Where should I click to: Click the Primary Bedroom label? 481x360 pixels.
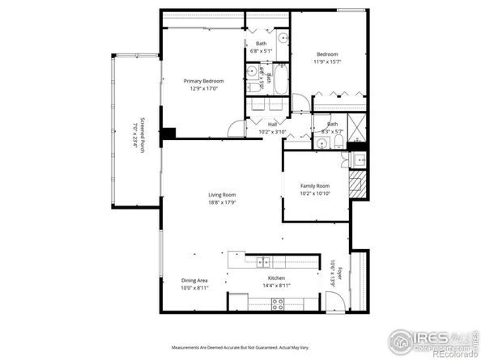click(203, 81)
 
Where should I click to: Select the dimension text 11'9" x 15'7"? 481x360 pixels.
click(328, 61)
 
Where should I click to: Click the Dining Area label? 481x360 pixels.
click(194, 281)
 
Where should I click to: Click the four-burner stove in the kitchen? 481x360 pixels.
click(277, 304)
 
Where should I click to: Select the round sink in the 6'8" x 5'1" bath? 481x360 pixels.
click(283, 38)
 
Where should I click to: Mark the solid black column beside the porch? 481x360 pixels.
click(168, 133)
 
